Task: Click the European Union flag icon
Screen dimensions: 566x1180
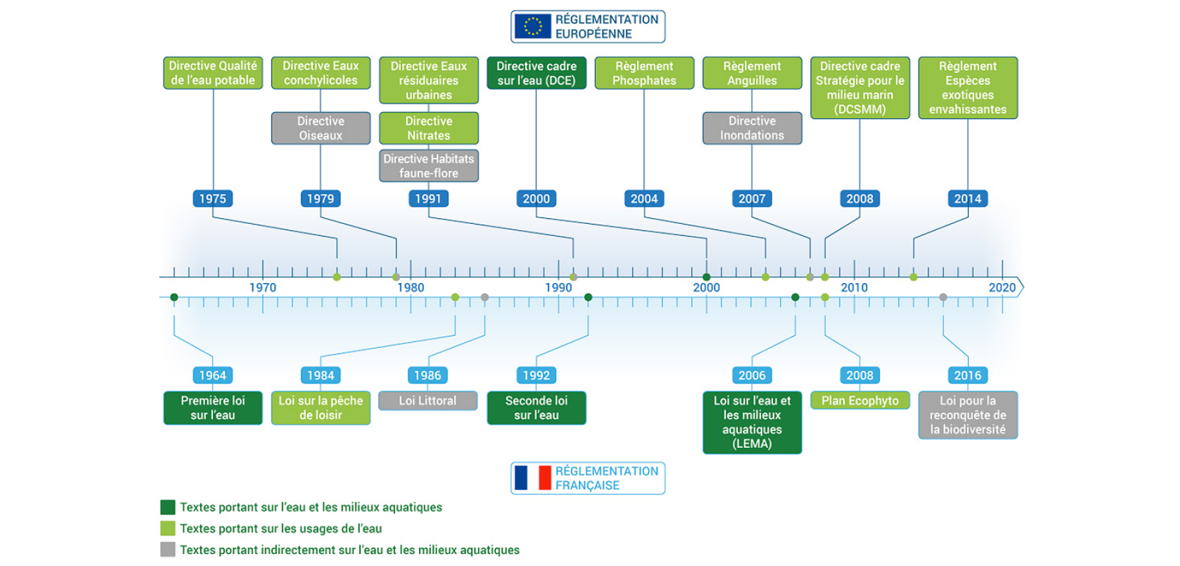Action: (532, 26)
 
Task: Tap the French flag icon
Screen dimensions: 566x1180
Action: (533, 478)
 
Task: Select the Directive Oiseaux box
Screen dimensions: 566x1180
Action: (320, 128)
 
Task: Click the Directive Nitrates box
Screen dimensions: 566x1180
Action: (428, 128)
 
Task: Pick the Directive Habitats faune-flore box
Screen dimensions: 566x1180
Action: (428, 166)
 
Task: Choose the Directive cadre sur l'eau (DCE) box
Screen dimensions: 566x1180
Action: (536, 73)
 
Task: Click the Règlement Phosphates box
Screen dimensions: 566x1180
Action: (644, 73)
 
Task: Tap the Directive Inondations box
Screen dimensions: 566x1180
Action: (752, 128)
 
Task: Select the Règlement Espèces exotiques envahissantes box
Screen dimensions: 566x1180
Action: (968, 88)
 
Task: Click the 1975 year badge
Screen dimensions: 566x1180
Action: (212, 198)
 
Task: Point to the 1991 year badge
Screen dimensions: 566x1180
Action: (428, 198)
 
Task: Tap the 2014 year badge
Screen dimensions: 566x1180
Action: (968, 198)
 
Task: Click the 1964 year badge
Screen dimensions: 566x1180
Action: (212, 375)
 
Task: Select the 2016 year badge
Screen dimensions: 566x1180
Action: (968, 375)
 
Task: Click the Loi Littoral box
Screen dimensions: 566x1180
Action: (428, 401)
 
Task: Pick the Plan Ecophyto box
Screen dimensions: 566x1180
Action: (860, 401)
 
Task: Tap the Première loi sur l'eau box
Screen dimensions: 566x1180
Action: (212, 407)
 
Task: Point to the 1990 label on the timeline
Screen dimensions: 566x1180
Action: (558, 288)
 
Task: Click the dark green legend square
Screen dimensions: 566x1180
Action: (168, 507)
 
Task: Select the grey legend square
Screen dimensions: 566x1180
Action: (168, 550)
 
